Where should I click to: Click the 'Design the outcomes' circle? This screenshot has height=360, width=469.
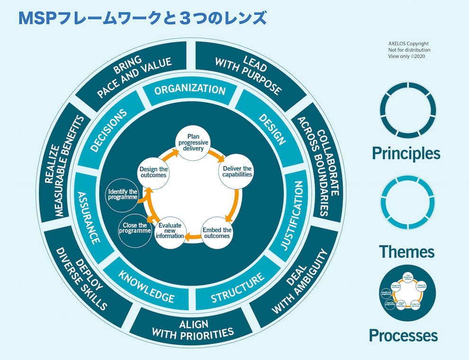[x=153, y=172]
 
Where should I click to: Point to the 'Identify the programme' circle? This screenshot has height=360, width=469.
[x=122, y=194]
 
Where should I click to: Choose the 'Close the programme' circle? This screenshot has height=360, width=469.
[x=135, y=228]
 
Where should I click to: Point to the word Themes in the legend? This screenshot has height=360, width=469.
[x=407, y=251]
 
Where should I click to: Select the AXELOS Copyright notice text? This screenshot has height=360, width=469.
[x=409, y=50]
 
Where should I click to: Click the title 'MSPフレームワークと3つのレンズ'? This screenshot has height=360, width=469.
[x=142, y=18]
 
